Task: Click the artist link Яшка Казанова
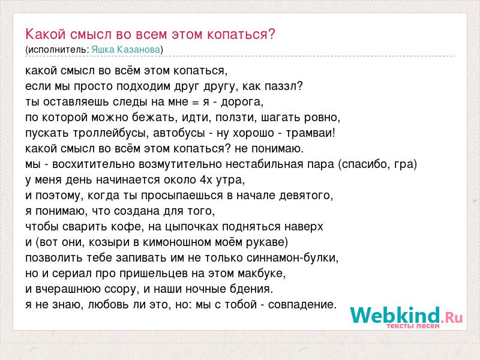[x=126, y=50]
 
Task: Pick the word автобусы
[x=179, y=133]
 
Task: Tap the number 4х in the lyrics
[x=206, y=179]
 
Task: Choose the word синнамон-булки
[x=291, y=258]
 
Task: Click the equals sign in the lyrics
[x=196, y=102]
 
